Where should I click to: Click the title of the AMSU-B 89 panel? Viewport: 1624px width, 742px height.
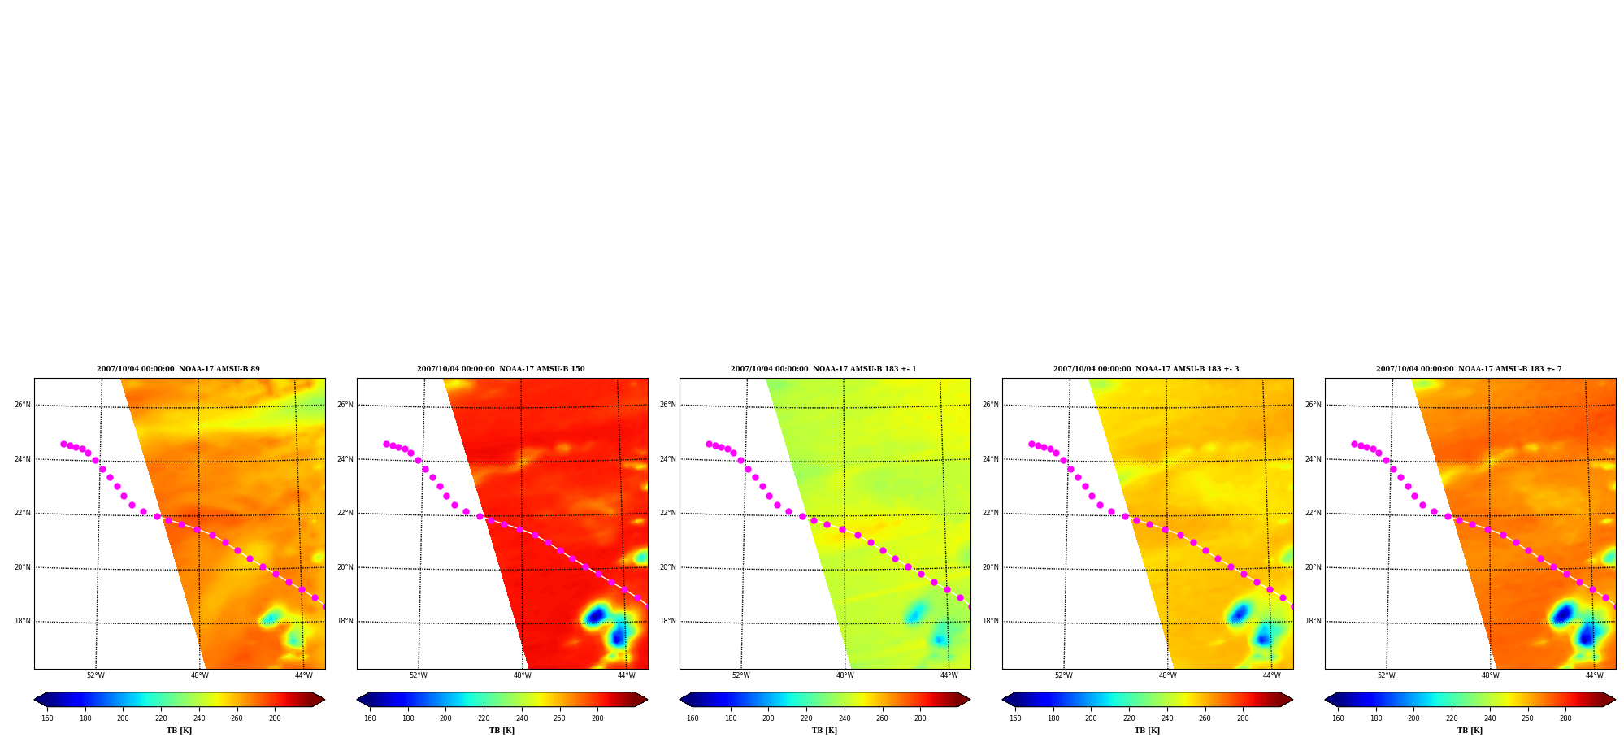point(178,369)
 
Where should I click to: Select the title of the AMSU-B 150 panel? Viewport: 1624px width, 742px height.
point(501,369)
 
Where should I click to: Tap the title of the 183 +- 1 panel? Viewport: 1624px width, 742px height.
point(823,369)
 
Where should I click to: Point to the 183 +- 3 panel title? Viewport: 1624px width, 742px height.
point(1146,369)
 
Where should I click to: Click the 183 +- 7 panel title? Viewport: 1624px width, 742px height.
point(1469,369)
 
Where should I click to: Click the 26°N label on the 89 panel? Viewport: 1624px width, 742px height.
point(22,405)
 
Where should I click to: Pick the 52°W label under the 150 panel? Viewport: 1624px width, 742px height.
point(419,675)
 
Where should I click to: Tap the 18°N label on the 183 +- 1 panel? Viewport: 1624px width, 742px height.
point(667,621)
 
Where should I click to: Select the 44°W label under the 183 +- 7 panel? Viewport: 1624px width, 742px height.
point(1594,675)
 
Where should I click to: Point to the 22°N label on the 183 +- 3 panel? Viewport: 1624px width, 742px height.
point(990,513)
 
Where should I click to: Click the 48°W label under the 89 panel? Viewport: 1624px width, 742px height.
point(200,675)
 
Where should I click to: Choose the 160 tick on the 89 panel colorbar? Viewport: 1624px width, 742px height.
point(47,718)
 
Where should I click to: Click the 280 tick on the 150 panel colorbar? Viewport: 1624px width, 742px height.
point(597,718)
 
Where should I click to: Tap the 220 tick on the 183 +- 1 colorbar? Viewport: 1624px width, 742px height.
point(806,718)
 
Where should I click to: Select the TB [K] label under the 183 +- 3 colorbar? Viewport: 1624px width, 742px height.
point(1147,731)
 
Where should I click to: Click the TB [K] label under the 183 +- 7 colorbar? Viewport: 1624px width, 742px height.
point(1470,731)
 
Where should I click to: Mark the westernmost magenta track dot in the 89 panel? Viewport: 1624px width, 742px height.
point(63,444)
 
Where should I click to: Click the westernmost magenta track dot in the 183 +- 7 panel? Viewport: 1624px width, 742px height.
point(1354,444)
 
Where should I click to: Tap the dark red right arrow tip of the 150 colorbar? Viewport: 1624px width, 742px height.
point(647,700)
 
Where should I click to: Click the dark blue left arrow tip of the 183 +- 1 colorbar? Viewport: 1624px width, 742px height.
point(680,700)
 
